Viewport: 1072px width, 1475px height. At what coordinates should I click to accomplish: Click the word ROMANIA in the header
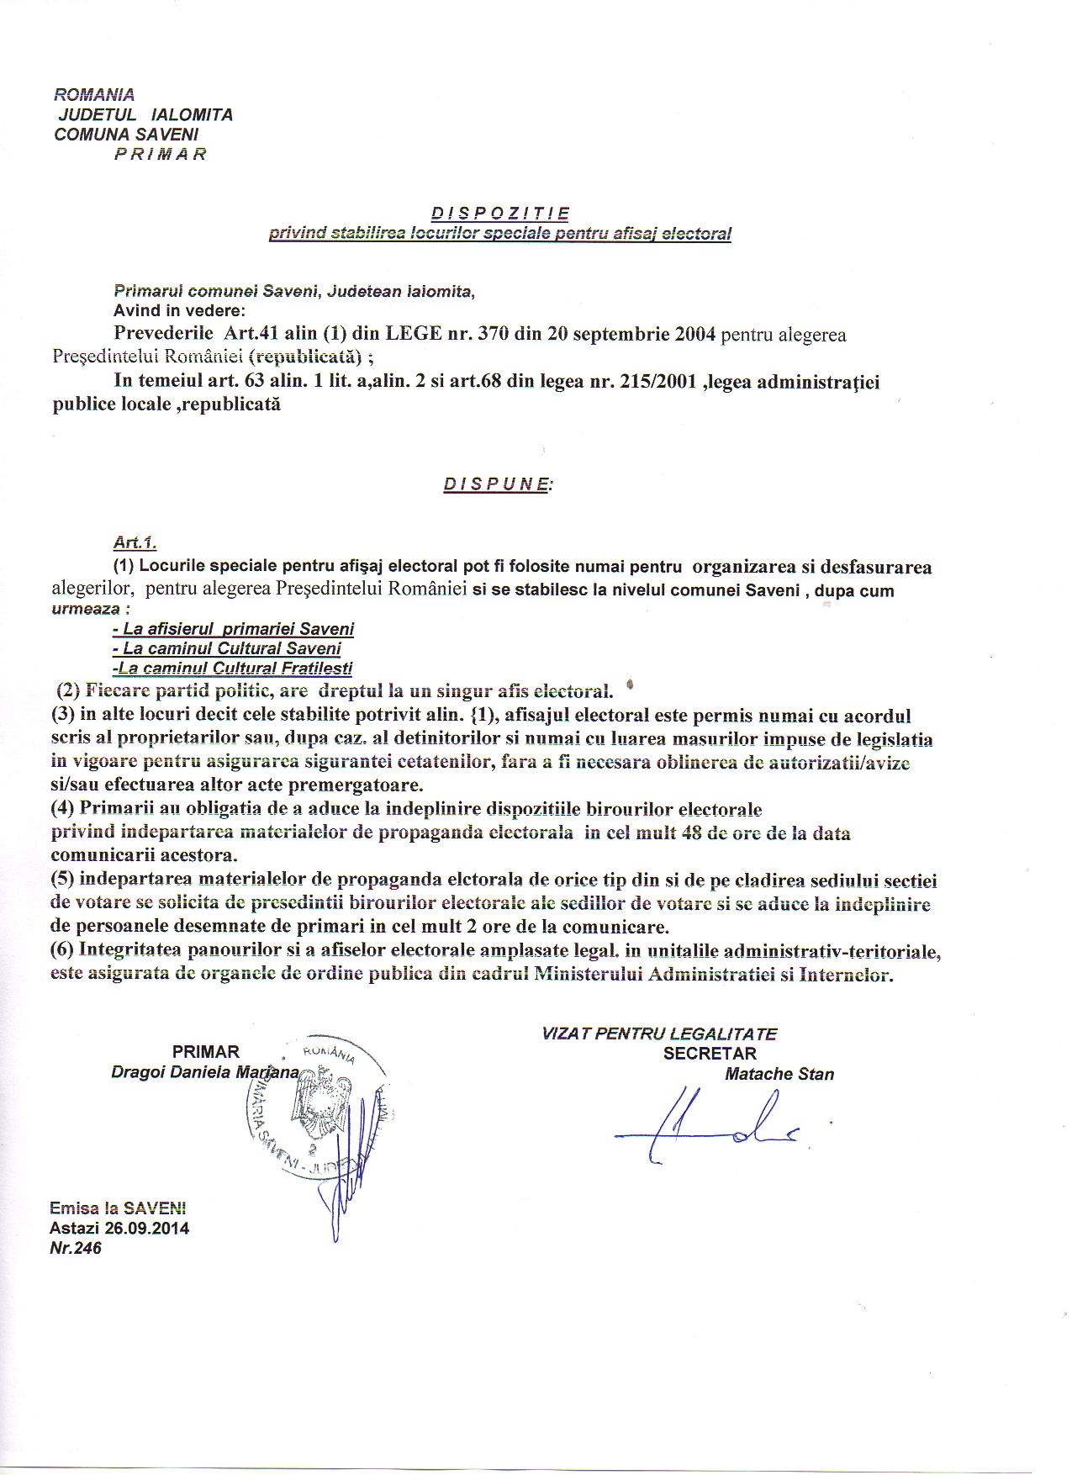coord(94,94)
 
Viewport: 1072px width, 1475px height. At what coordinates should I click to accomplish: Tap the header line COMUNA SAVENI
coord(126,135)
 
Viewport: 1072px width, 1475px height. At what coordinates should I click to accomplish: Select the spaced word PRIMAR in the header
coord(160,155)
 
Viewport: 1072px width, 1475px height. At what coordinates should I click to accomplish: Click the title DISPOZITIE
coord(500,214)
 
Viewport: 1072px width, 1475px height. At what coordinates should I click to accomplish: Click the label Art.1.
coord(135,544)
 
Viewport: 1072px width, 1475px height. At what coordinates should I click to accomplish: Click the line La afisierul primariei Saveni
coord(233,629)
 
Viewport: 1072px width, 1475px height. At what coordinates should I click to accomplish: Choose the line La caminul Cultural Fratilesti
coord(233,669)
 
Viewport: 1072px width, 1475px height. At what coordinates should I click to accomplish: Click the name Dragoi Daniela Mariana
coord(204,1072)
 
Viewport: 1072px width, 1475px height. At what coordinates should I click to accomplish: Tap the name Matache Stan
coord(779,1074)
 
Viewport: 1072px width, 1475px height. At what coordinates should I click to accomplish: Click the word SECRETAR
coord(710,1054)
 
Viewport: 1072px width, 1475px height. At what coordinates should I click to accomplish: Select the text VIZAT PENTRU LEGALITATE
coord(659,1034)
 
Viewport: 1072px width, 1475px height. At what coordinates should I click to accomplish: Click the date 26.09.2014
coord(147,1228)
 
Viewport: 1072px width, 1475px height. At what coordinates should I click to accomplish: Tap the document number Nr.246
coord(76,1248)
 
